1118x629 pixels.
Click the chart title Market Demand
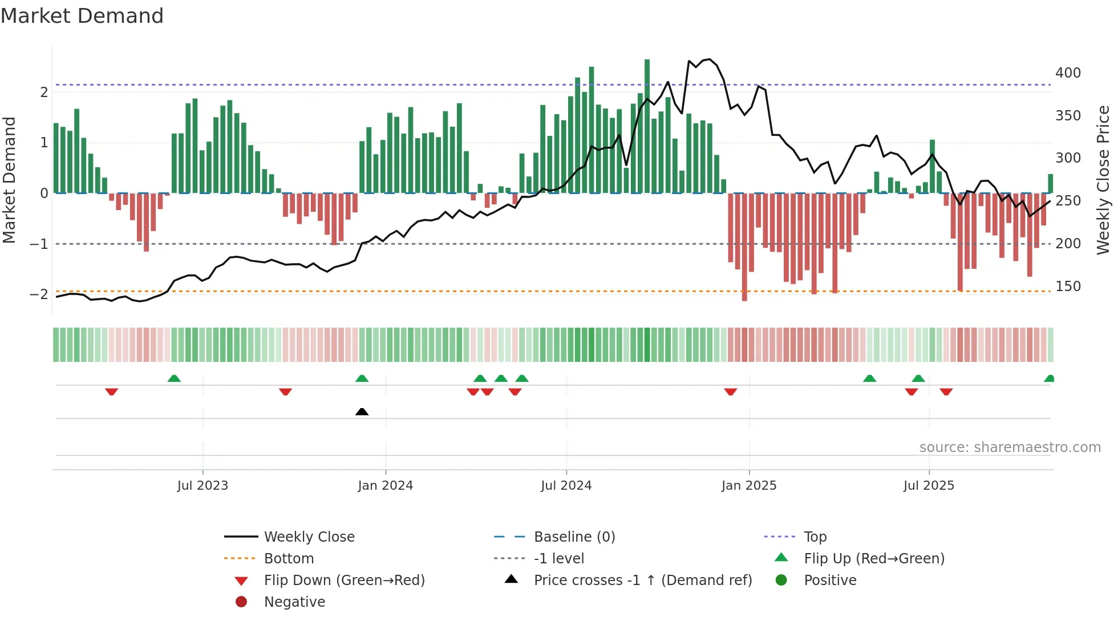(82, 16)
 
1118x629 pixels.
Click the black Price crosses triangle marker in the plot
(362, 412)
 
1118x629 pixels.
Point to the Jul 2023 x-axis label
(202, 485)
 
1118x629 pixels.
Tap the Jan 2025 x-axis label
(748, 485)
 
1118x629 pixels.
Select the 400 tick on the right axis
(1068, 73)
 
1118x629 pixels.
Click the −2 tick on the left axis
(39, 295)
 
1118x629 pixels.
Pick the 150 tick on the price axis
(1068, 287)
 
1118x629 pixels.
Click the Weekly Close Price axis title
(1103, 180)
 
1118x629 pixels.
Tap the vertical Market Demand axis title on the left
(10, 180)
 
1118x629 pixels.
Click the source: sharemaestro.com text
(1010, 447)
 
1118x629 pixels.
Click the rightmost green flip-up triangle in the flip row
(1049, 378)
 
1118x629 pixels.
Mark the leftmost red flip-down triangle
(112, 392)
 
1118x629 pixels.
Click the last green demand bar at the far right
(1050, 184)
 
